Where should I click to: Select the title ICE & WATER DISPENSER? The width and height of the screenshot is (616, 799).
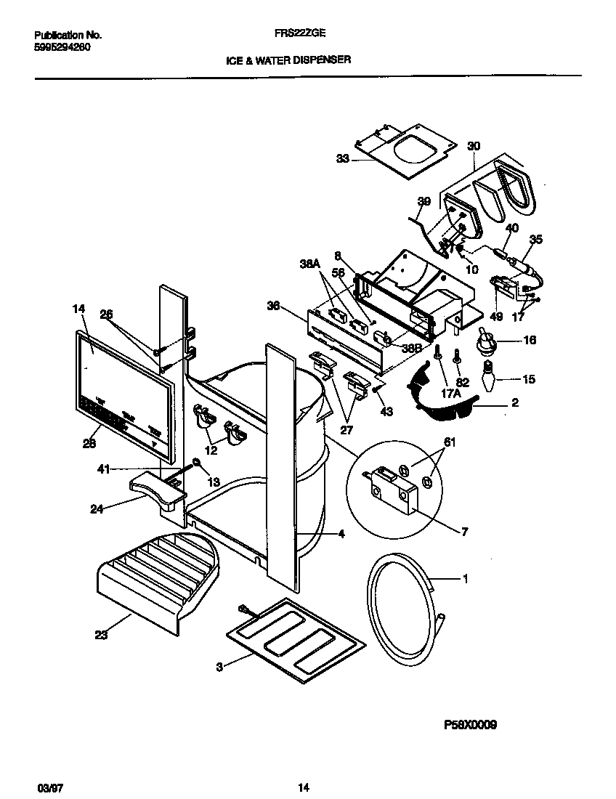pyautogui.click(x=288, y=60)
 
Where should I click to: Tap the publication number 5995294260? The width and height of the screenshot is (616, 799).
pyautogui.click(x=63, y=47)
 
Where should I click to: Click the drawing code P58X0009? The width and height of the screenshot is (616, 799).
pyautogui.click(x=471, y=724)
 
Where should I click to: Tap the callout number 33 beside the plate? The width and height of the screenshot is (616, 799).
pyautogui.click(x=342, y=158)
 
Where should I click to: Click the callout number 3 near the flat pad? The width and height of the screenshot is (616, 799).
pyautogui.click(x=220, y=665)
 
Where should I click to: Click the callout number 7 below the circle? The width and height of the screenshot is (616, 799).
pyautogui.click(x=464, y=532)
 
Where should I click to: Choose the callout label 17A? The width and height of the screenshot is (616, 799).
pyautogui.click(x=451, y=394)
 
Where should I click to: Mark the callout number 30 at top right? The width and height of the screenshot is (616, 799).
pyautogui.click(x=473, y=146)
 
